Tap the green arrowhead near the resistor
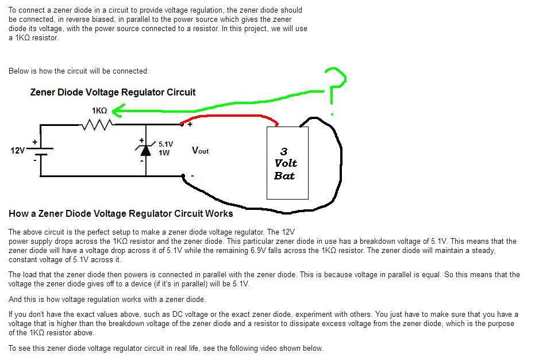[x=117, y=109]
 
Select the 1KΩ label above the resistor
[x=99, y=110]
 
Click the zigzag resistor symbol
[x=97, y=124]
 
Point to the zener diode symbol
[x=145, y=150]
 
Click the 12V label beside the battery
[x=18, y=151]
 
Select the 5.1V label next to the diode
[x=165, y=144]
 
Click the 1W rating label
[x=164, y=153]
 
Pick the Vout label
[x=200, y=151]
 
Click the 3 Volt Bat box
[x=287, y=163]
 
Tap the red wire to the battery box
[x=230, y=117]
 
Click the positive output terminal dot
[x=183, y=124]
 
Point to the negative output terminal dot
[x=183, y=176]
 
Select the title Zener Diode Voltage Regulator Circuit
[x=113, y=92]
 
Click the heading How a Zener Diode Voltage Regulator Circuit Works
[x=121, y=214]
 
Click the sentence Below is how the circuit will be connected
[x=79, y=71]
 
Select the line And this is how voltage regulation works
[x=107, y=299]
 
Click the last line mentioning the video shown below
[x=165, y=348]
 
